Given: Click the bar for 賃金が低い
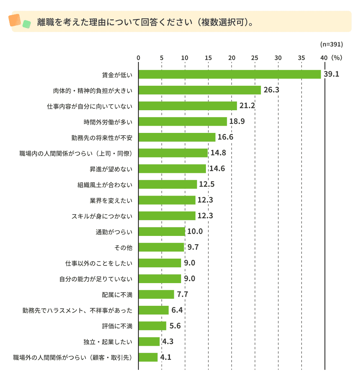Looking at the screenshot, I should coord(230,74).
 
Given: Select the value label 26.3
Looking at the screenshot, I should coord(271,90).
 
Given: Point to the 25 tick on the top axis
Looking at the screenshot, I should coord(255,57).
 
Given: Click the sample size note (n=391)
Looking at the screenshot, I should coord(331,45).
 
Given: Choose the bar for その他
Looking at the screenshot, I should coord(161,247).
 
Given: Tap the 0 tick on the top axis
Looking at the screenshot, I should coord(138,57).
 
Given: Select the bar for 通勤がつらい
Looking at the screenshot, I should coord(162,231).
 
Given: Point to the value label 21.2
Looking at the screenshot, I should coord(247,106).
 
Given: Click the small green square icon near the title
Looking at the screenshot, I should coord(26,24).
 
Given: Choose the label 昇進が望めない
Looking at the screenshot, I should coord(111,169).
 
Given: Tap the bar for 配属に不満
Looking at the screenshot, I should coord(156,294).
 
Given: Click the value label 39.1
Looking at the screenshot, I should coord(331,74).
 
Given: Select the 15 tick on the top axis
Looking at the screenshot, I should coord(208,57).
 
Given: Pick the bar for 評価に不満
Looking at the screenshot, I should coord(152,326).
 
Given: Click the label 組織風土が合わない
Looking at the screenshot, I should coord(105,184).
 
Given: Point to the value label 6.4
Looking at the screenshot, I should coord(177,310).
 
